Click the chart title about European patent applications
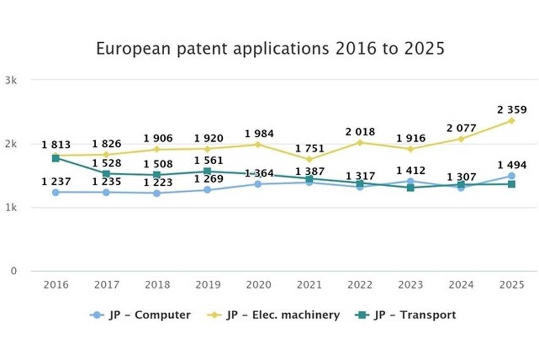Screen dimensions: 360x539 coord(270,48)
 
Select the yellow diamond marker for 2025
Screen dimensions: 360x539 coord(511,121)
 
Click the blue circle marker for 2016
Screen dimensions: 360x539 coord(56,192)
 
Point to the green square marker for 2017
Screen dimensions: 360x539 coord(106,174)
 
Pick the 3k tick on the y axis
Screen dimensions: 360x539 coord(11,81)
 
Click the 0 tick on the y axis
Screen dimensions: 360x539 coord(14,271)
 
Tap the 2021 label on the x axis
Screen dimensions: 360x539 coord(309,285)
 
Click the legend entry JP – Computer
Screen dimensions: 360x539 coord(140,315)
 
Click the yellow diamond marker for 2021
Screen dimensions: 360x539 coord(309,159)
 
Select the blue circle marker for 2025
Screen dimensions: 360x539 coord(511,176)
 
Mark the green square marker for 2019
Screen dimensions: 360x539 coord(207,171)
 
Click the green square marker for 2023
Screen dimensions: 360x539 coord(410,188)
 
